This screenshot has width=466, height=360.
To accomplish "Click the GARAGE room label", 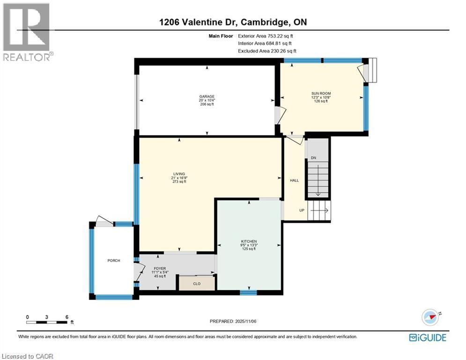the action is [207, 97].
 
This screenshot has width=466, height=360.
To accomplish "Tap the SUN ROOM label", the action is [321, 93].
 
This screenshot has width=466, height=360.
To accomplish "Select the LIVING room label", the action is [179, 174].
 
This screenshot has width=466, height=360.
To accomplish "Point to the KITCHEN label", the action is [249, 241].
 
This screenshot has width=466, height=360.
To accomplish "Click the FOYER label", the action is [160, 269].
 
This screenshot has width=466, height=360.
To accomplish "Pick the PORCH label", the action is [114, 260].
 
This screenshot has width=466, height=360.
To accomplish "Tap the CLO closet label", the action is [197, 284].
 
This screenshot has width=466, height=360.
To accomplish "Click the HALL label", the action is [294, 180].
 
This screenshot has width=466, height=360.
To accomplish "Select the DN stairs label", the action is [313, 157].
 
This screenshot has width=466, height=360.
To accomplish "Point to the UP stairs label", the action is [302, 210].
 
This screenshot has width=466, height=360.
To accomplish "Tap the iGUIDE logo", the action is [428, 337].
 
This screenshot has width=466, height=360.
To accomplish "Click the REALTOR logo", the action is [27, 32].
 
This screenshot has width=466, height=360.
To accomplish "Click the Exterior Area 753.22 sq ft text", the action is [266, 36].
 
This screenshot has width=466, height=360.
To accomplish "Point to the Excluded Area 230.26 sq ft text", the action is [267, 51].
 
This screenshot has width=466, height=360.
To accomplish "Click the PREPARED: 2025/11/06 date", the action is [233, 321].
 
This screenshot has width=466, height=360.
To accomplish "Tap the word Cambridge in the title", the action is [264, 22].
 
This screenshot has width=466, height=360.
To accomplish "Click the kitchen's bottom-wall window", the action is [248, 293].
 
